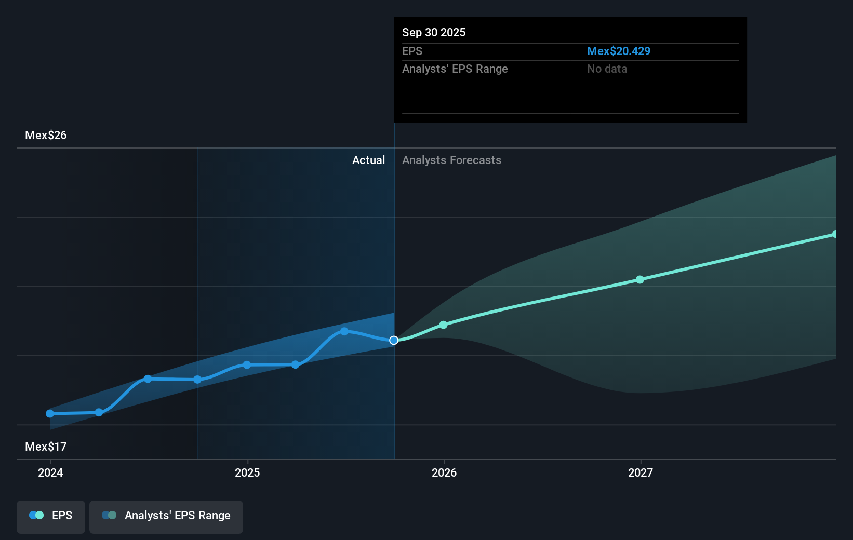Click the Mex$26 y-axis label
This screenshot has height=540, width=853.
(x=46, y=135)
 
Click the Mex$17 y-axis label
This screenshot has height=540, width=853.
(x=46, y=447)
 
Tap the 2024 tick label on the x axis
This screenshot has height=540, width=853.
(x=50, y=473)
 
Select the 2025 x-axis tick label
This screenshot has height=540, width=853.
(x=247, y=473)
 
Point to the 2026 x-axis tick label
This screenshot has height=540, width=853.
(x=444, y=473)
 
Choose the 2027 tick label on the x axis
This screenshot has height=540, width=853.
(x=641, y=473)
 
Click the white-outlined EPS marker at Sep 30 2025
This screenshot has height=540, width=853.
(x=394, y=340)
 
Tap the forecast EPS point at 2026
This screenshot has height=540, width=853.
(x=443, y=325)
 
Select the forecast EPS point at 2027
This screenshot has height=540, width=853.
(x=640, y=279)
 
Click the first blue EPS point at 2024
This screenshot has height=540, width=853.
(x=50, y=413)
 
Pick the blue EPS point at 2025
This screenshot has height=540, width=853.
(x=247, y=365)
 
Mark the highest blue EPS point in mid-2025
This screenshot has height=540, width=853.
(x=344, y=331)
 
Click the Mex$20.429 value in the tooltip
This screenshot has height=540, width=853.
(x=618, y=51)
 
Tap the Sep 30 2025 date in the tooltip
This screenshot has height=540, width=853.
(x=434, y=32)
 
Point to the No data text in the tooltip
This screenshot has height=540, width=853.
(x=607, y=69)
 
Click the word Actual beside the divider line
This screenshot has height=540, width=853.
(x=368, y=160)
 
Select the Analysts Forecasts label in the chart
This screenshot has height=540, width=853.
(x=451, y=160)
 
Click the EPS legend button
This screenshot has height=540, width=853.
(x=51, y=516)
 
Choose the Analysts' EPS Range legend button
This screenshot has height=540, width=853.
(x=166, y=516)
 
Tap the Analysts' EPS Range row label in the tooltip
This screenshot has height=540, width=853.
(x=455, y=69)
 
